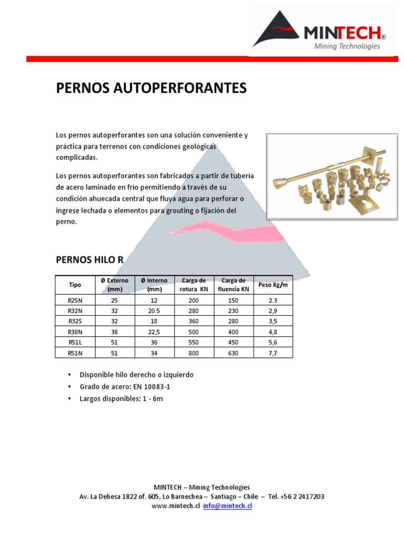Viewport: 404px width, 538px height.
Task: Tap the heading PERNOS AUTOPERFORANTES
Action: pos(151,88)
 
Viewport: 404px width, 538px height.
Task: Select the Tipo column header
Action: pos(75,285)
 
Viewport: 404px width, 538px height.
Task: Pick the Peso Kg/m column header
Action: pos(273,285)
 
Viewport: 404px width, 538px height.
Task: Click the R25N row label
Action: pos(75,301)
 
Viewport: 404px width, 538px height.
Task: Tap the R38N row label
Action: pos(75,332)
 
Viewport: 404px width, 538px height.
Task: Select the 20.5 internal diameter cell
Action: pos(155,311)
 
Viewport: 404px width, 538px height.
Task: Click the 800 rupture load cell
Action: pos(194,353)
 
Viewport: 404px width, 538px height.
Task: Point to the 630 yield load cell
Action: pos(234,353)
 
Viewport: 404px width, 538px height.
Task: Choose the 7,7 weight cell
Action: pos(272,353)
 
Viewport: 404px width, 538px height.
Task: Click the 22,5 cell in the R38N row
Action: pos(155,332)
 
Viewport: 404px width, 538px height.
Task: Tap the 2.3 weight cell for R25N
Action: pos(272,301)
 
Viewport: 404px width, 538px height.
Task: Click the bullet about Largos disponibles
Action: pos(121,399)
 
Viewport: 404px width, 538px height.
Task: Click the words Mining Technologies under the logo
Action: pos(347,46)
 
